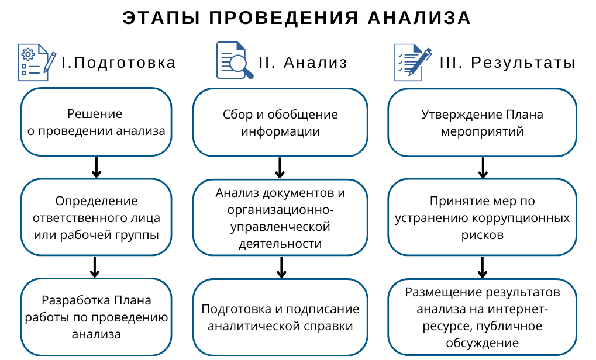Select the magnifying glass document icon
(x=234, y=61)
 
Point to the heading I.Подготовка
(x=119, y=63)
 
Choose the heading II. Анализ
(x=303, y=63)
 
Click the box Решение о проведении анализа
(x=97, y=122)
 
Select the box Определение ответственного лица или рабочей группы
(x=97, y=217)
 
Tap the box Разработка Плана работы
(x=97, y=317)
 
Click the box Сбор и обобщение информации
(x=280, y=122)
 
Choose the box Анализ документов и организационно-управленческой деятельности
(x=280, y=217)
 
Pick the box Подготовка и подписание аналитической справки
(x=280, y=317)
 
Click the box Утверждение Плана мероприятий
(x=483, y=122)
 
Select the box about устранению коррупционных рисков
(x=483, y=217)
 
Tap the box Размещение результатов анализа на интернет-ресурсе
(x=483, y=317)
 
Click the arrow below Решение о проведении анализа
(x=97, y=167)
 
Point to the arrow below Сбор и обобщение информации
(x=280, y=168)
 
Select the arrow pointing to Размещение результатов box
(x=483, y=267)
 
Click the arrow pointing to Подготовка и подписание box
(x=281, y=267)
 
